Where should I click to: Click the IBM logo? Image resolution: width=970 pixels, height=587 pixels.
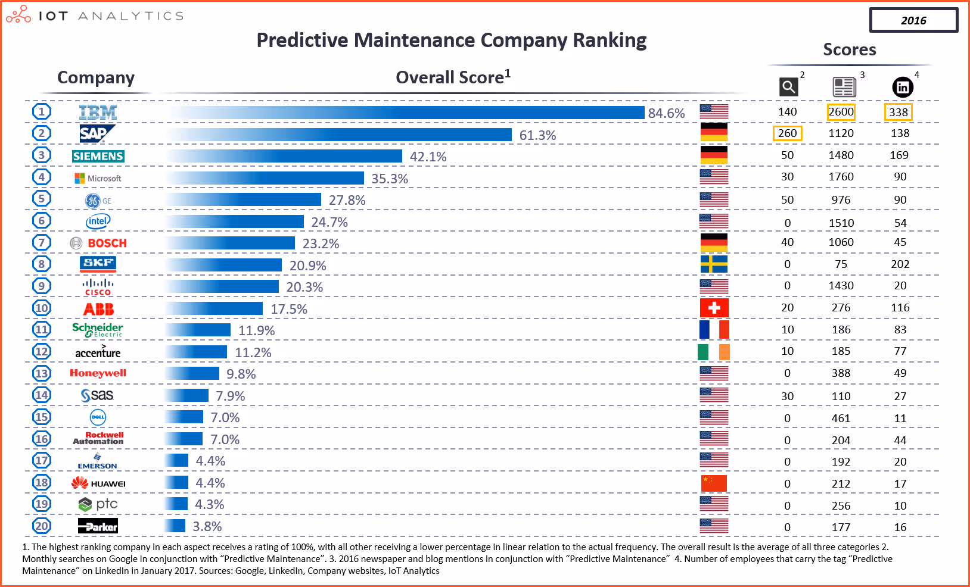click(98, 112)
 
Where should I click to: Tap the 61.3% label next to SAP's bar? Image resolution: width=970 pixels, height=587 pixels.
click(537, 135)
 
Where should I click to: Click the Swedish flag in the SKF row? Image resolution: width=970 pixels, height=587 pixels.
click(714, 264)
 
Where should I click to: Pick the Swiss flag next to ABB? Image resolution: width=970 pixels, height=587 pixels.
click(714, 308)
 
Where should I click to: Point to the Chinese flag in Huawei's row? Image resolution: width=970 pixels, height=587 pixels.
click(714, 483)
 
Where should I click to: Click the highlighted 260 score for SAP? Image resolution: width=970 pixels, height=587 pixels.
click(787, 133)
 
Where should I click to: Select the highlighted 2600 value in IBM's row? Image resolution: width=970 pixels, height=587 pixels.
click(841, 112)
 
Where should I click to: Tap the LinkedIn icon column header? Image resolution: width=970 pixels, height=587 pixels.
click(903, 88)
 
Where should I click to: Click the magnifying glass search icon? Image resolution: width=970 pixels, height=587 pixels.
click(788, 88)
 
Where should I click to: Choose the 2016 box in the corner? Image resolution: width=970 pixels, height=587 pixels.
click(913, 20)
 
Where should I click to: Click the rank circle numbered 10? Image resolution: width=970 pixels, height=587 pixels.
click(42, 308)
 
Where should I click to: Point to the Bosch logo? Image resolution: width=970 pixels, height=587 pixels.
click(99, 243)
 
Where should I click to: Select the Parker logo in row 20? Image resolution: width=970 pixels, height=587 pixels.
click(98, 526)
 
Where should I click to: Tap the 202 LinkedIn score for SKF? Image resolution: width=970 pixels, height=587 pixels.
click(900, 264)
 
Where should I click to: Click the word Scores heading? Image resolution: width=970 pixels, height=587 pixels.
click(849, 49)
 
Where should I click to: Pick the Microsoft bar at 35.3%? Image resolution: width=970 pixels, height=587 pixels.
click(265, 178)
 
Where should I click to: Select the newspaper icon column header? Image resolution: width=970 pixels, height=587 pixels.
click(844, 88)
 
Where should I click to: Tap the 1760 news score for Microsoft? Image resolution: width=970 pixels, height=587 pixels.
click(841, 177)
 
